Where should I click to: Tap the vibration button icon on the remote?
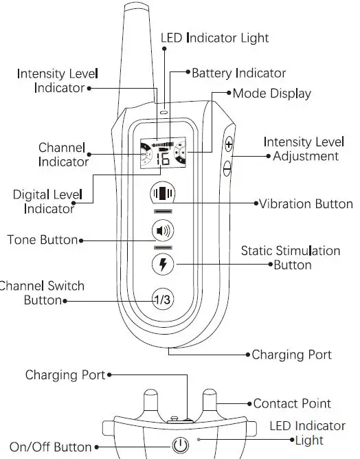tap(164, 194)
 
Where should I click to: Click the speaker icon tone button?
tap(164, 230)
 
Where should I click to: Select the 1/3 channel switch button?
tap(164, 299)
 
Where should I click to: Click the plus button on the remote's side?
tap(228, 145)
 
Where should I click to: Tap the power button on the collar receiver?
tap(180, 445)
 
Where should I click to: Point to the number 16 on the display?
tap(164, 158)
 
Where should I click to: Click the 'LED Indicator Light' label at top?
tap(214, 38)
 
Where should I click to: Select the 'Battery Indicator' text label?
tap(238, 73)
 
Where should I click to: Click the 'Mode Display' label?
tap(271, 93)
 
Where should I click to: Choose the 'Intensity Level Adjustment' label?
tap(304, 149)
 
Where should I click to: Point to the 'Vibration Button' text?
tap(306, 204)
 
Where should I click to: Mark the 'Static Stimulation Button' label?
tap(291, 258)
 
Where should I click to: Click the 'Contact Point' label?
tap(292, 404)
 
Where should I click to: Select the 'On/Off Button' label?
tap(50, 447)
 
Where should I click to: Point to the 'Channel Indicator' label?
tap(63, 155)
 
